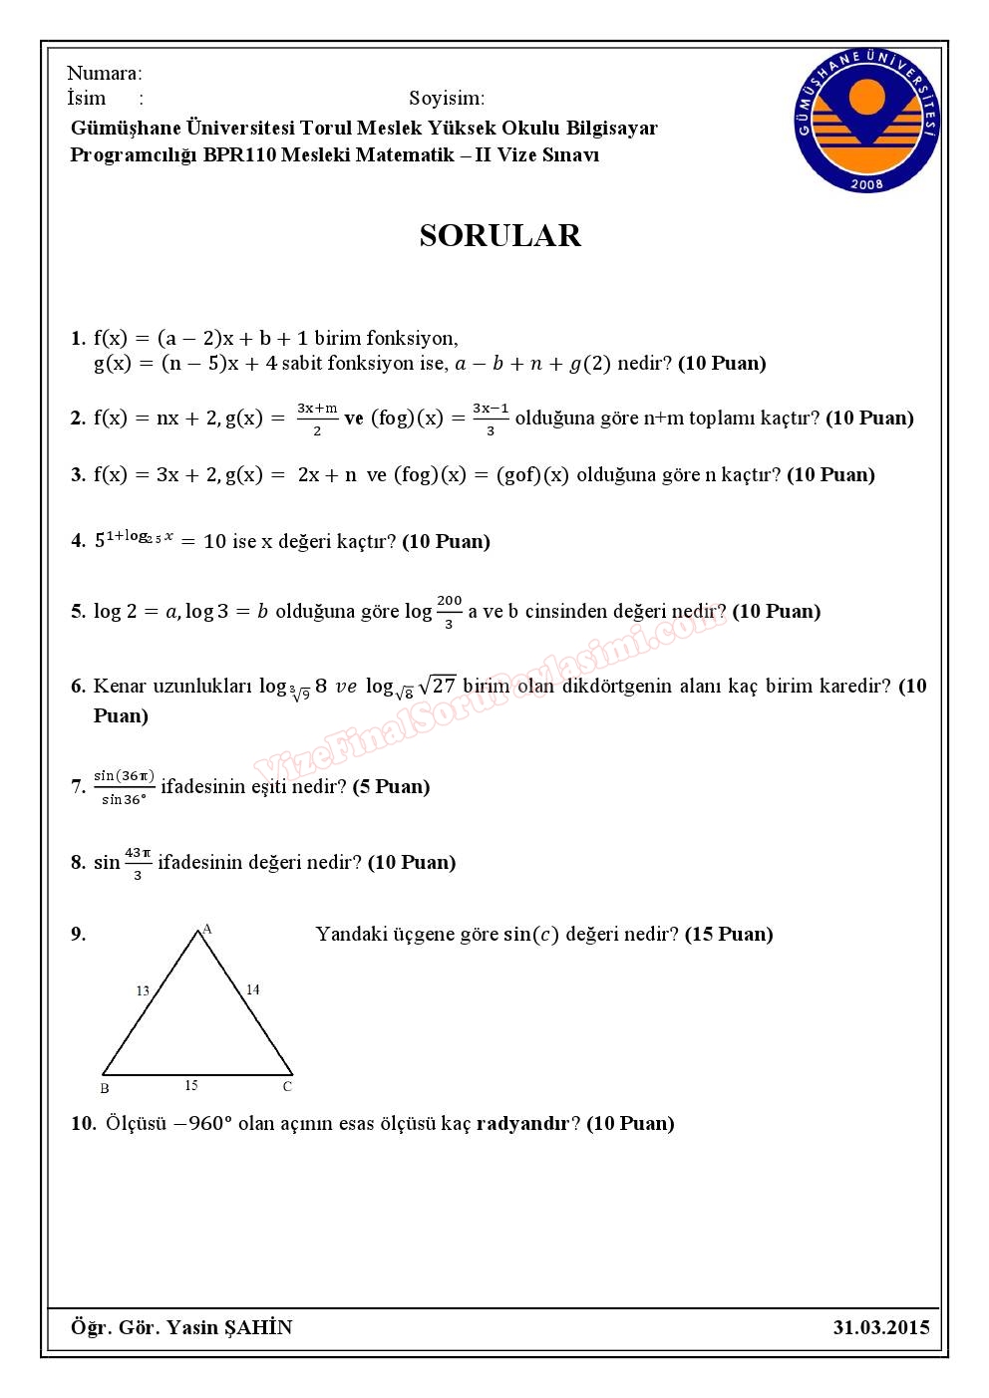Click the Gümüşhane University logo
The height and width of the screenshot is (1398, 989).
click(x=868, y=119)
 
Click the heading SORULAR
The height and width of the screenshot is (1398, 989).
click(x=499, y=235)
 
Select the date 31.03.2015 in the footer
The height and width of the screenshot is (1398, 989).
click(x=881, y=1327)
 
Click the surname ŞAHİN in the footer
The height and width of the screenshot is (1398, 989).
click(x=258, y=1327)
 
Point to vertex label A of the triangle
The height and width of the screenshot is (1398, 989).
click(x=207, y=929)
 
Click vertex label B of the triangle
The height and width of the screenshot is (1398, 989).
click(x=105, y=1088)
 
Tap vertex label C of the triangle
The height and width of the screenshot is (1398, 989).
click(x=287, y=1086)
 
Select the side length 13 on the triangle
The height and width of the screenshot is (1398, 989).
click(x=143, y=990)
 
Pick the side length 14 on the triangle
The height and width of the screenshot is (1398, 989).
click(x=252, y=989)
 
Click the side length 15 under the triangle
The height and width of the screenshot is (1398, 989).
click(x=190, y=1085)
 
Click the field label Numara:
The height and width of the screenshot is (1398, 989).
click(x=105, y=73)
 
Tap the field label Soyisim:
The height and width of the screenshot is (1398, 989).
click(x=447, y=98)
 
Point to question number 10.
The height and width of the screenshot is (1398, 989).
click(x=83, y=1123)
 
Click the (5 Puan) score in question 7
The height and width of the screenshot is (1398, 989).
click(x=391, y=786)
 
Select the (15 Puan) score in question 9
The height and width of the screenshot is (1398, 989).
click(x=729, y=934)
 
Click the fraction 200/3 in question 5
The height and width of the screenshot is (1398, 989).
click(x=449, y=611)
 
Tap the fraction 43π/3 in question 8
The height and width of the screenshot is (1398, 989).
click(x=138, y=863)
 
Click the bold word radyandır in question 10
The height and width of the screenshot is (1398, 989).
click(x=522, y=1123)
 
